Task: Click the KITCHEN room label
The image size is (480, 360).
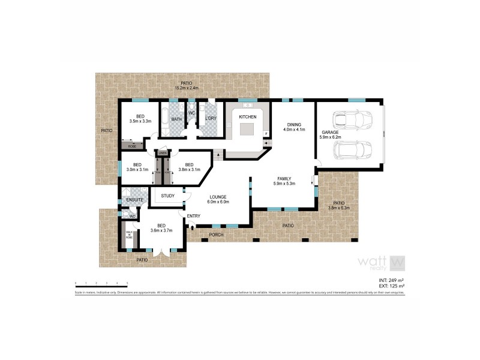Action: (x=248, y=116)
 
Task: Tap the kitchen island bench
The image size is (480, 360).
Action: (x=248, y=129)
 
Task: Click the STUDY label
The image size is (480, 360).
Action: (x=167, y=196)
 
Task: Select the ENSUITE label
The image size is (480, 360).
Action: (x=134, y=199)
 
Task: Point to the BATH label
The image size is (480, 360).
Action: (x=176, y=119)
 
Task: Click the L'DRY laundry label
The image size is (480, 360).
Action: (x=211, y=119)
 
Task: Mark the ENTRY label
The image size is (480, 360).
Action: (x=194, y=216)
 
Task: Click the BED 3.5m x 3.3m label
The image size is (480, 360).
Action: (x=140, y=119)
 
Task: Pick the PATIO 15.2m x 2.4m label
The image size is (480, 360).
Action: (x=186, y=86)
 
